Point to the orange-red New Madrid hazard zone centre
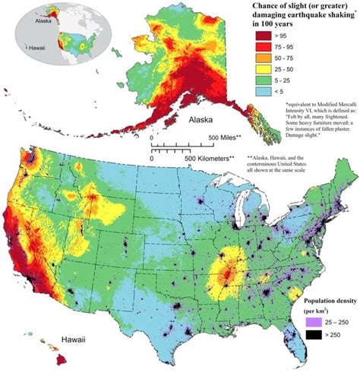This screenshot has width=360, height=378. [x=226, y=272]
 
